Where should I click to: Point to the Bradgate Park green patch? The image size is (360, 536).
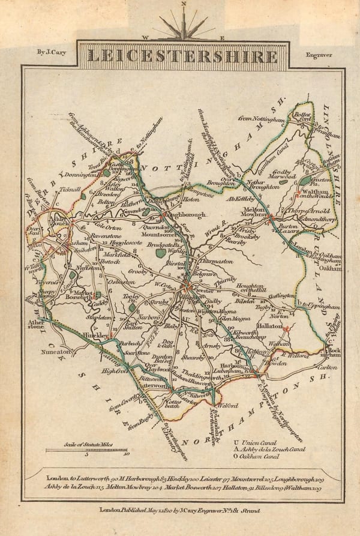click(160, 253)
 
